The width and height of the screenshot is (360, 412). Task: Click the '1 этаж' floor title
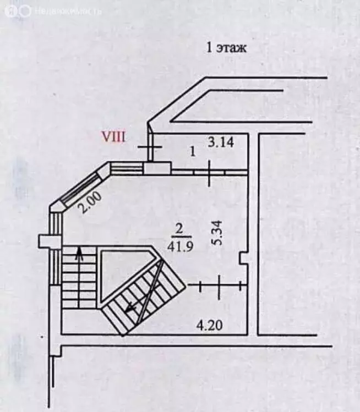click(x=226, y=48)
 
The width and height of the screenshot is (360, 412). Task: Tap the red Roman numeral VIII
click(x=113, y=137)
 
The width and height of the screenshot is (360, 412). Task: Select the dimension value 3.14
click(x=221, y=142)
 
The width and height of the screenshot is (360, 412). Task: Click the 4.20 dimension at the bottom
click(x=210, y=325)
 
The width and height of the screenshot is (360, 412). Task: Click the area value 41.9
click(x=181, y=246)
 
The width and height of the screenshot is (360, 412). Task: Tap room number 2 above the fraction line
click(x=179, y=229)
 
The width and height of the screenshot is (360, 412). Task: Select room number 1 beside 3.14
click(x=193, y=152)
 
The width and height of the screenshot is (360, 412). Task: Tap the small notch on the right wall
click(x=243, y=259)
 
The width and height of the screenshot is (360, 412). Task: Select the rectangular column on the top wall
click(x=157, y=168)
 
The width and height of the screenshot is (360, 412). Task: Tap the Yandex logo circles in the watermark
click(x=18, y=11)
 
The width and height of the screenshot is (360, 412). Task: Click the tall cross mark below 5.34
click(x=220, y=287)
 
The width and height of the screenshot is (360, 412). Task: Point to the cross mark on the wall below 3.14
click(x=210, y=173)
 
